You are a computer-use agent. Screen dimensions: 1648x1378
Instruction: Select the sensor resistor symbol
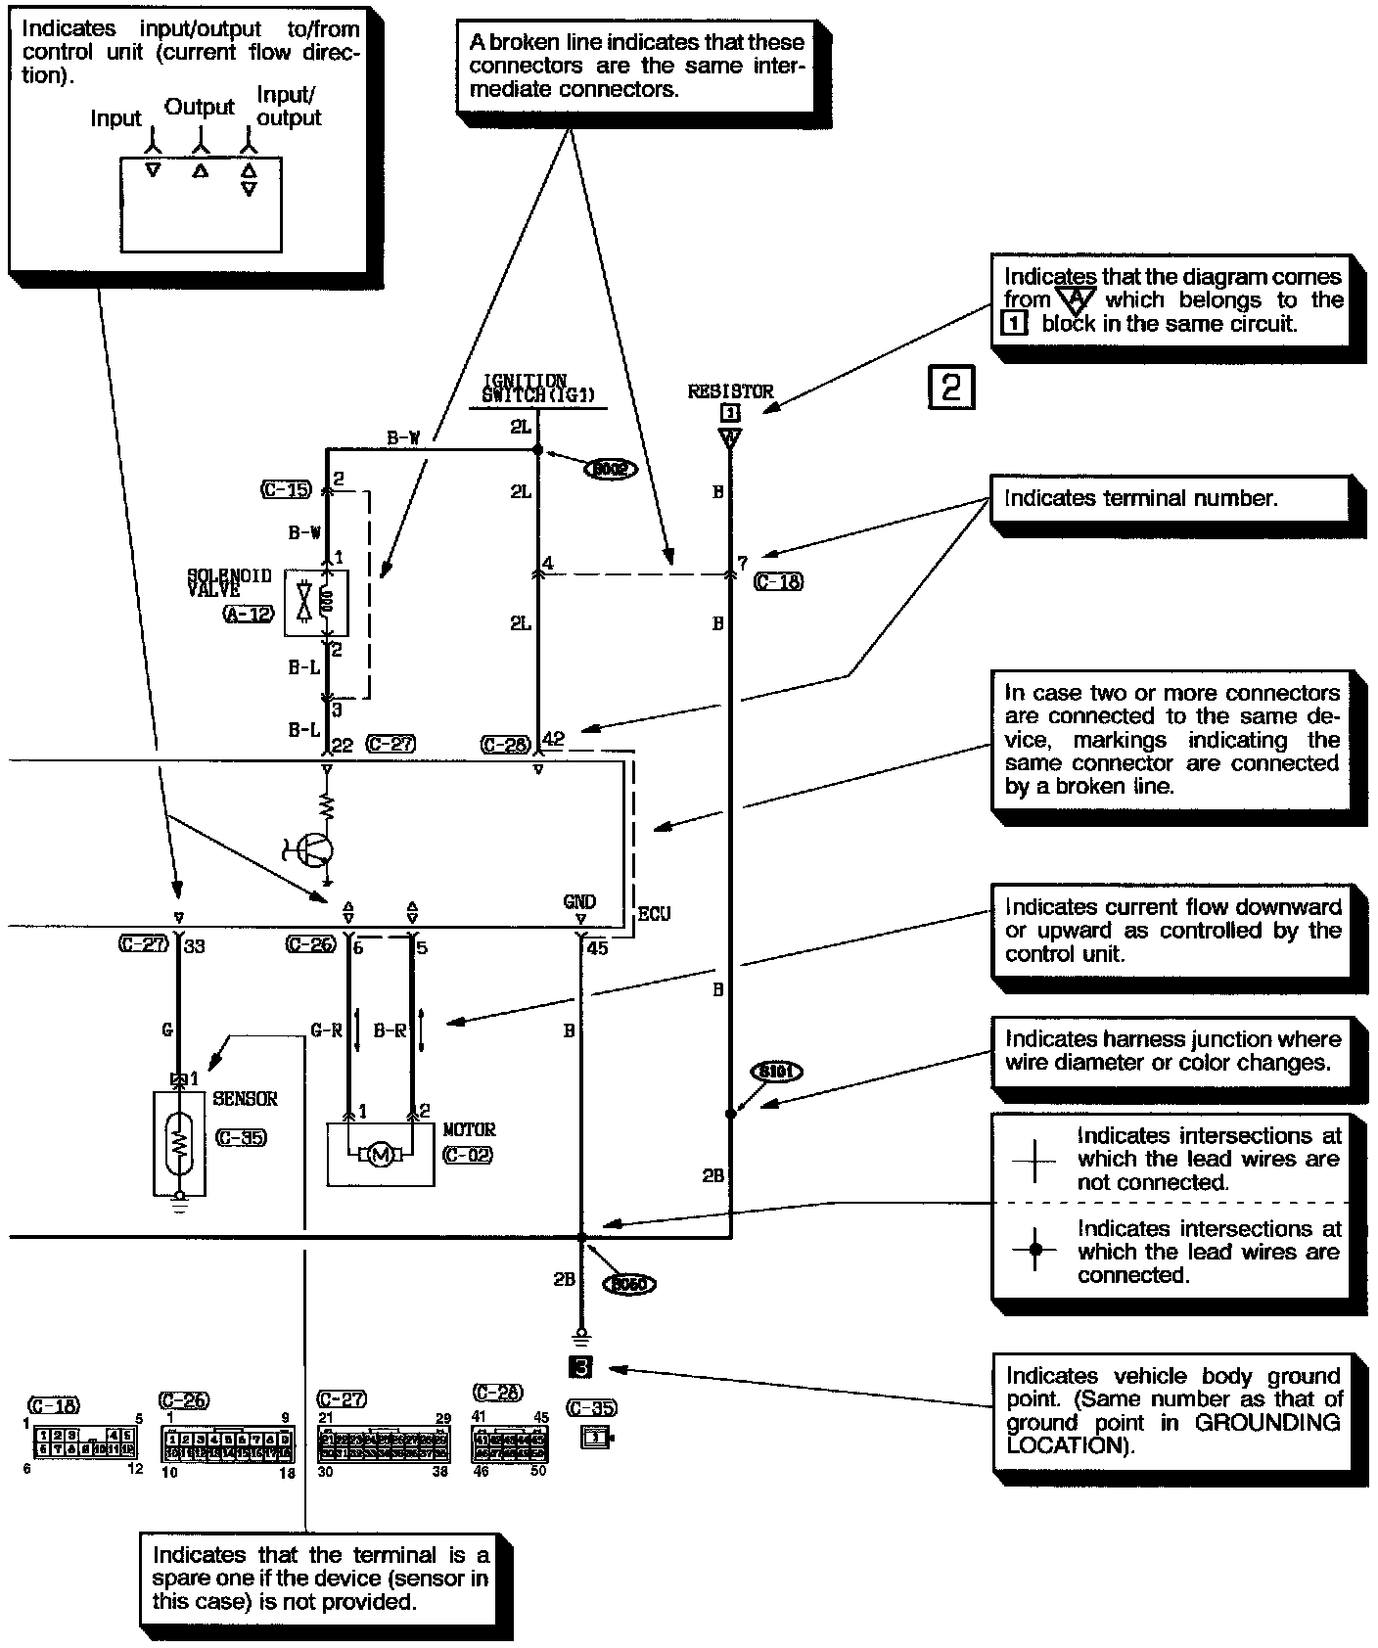click(179, 1142)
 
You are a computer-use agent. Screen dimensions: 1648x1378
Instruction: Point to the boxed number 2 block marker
click(948, 387)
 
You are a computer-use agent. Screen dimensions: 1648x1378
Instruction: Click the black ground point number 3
click(582, 1368)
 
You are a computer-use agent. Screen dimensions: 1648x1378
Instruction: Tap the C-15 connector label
click(285, 489)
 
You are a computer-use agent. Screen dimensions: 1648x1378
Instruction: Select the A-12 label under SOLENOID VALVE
click(249, 615)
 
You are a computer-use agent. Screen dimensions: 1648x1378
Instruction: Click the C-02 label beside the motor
click(468, 1155)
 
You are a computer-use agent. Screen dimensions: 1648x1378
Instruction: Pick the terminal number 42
click(553, 740)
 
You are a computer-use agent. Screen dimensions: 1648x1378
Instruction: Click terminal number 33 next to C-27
click(195, 946)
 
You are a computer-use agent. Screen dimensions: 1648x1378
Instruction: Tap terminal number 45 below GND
click(597, 947)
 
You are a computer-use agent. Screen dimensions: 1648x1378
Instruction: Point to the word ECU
click(654, 914)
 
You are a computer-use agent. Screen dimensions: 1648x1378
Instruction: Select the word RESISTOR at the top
click(730, 391)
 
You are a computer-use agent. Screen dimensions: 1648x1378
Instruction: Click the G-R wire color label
click(326, 1030)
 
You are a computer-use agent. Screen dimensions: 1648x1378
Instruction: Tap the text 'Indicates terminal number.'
click(1140, 498)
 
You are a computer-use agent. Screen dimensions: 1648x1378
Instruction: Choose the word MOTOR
click(470, 1129)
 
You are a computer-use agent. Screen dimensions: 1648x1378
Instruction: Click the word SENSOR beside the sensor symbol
click(245, 1099)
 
